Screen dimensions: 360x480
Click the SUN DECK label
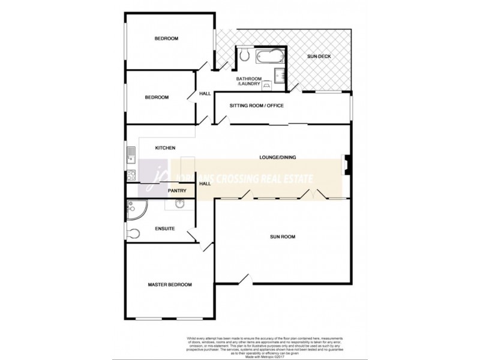coord(319,57)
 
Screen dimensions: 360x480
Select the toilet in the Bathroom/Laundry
coord(244,56)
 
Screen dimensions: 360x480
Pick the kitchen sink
coord(130,155)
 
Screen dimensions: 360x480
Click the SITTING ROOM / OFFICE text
coord(256,106)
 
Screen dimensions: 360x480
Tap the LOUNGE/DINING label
coord(278,158)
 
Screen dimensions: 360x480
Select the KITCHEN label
coord(165,148)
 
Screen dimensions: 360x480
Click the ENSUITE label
coord(164,228)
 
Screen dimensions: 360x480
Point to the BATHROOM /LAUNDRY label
coord(248,81)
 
